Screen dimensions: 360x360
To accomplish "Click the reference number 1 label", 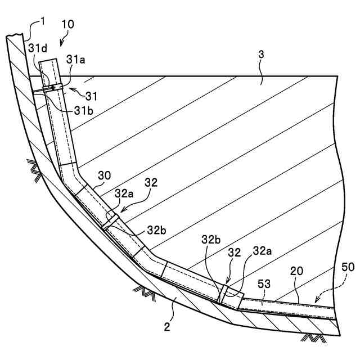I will [43, 22].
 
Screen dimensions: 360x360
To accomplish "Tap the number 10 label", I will [67, 24].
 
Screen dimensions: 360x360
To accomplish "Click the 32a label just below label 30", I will [125, 193].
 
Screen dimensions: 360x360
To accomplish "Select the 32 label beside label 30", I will [151, 183].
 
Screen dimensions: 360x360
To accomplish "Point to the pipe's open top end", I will [49, 60].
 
